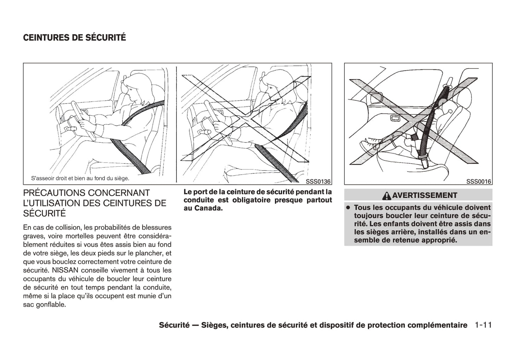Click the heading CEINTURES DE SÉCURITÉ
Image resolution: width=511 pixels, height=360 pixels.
pos(74,38)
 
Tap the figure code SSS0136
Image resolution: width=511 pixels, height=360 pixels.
pos(318,182)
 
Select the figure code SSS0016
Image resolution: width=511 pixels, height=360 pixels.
pos(478,182)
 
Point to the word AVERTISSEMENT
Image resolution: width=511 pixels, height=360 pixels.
pos(424,195)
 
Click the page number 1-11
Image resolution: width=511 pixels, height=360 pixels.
pos(483,325)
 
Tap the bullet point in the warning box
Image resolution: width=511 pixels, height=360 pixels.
pos(348,208)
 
